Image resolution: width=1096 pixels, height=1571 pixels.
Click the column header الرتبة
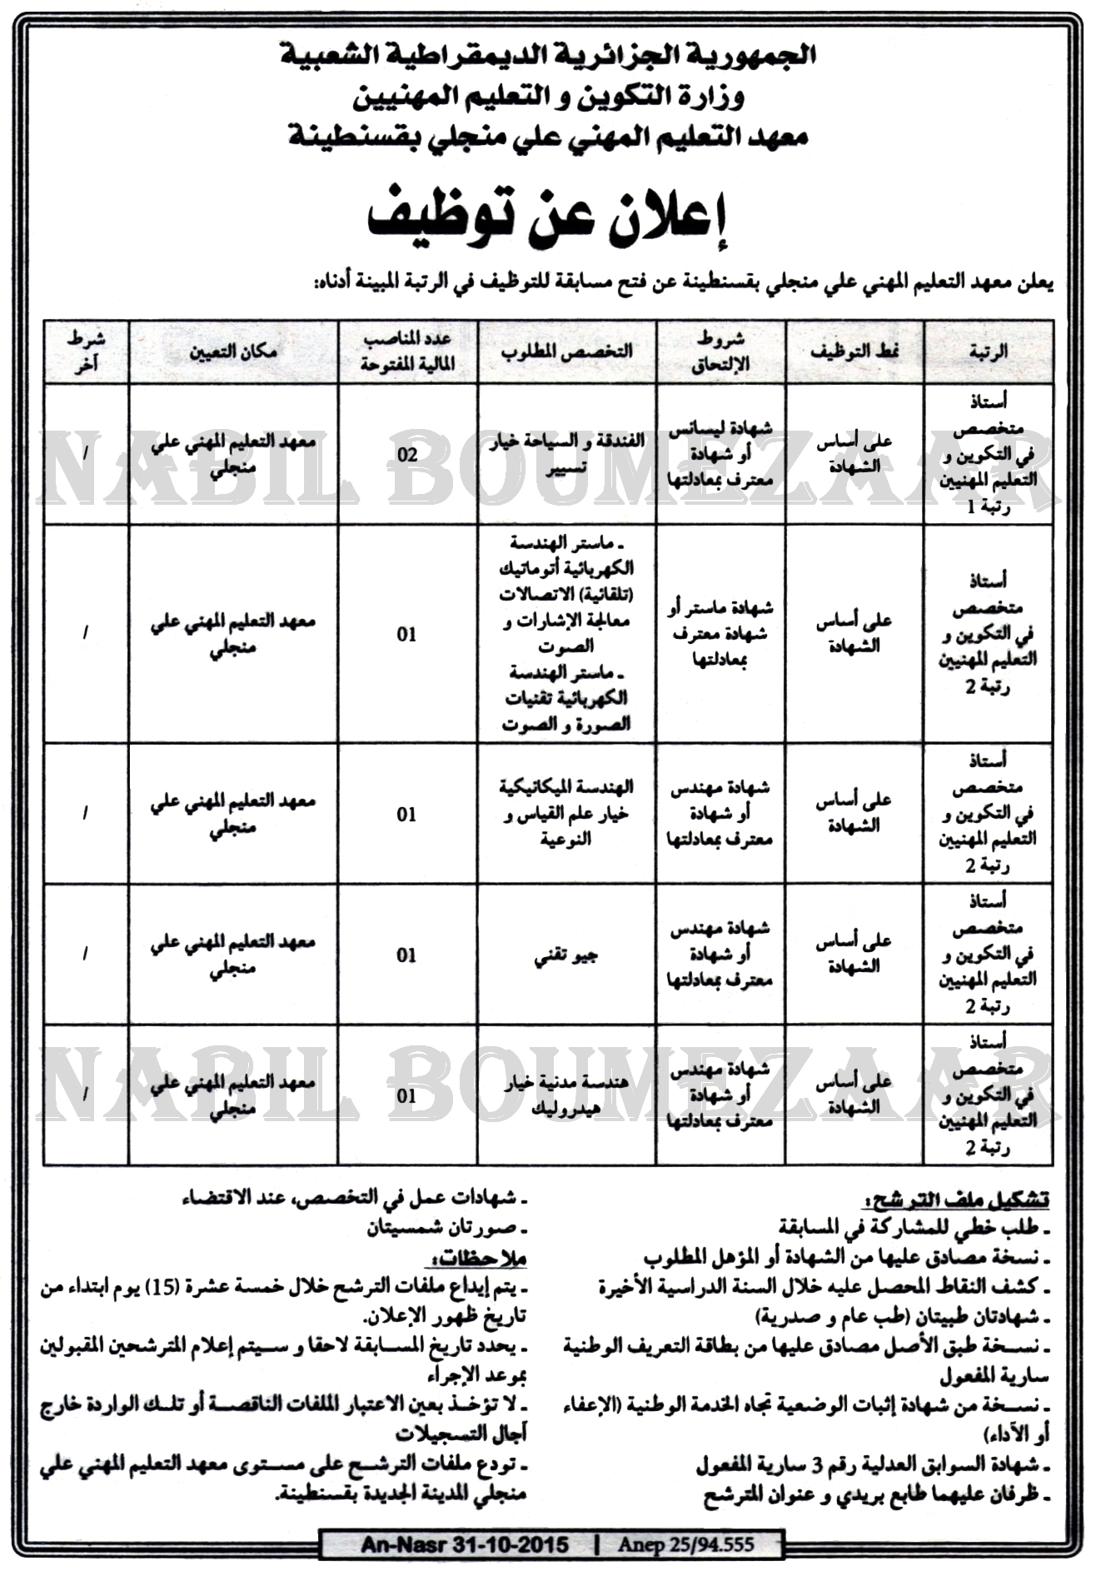point(989,352)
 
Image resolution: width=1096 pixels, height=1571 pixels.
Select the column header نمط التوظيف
point(854,352)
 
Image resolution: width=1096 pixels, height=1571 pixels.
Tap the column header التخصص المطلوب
point(566,352)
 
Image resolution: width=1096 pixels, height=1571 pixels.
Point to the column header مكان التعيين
point(233,352)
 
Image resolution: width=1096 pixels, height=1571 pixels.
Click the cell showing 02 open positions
point(407,455)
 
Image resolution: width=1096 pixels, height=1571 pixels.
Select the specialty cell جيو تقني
point(567,955)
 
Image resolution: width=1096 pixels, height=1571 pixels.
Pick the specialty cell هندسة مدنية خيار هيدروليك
point(566,1095)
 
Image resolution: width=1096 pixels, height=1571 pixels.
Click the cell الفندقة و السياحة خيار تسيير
point(568,455)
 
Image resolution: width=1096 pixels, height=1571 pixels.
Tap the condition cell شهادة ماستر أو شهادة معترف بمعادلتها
point(721,634)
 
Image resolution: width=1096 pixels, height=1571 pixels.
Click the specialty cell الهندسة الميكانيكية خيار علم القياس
point(567,813)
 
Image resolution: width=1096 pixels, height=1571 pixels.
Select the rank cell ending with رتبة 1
point(989,454)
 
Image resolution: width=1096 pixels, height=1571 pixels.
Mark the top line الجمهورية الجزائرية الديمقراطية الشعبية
point(548,57)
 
